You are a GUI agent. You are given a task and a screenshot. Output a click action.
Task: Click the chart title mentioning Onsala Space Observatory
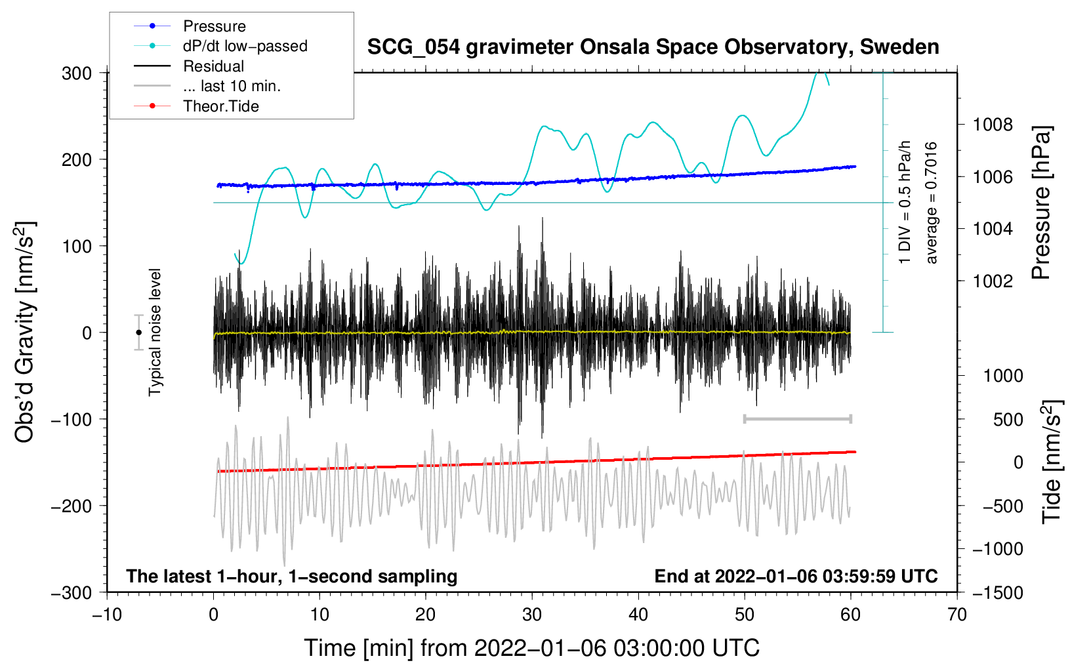653,47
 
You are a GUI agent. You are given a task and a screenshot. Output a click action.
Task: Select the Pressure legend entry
215,26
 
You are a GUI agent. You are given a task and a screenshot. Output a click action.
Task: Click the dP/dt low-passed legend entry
245,46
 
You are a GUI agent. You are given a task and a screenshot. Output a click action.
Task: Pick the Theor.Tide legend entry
220,106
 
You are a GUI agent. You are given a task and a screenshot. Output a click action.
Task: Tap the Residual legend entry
213,66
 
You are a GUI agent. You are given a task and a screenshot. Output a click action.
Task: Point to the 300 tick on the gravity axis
77,73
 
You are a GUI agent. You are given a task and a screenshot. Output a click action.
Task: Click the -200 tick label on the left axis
72,506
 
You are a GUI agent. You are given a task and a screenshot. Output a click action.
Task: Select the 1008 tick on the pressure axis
993,125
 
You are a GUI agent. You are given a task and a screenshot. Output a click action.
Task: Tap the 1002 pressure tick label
993,281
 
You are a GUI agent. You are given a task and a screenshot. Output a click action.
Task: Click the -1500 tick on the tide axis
997,592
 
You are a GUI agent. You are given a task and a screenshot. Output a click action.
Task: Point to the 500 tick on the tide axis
1008,420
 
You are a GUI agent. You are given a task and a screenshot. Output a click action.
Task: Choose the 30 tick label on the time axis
532,615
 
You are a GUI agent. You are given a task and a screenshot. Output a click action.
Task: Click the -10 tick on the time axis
107,615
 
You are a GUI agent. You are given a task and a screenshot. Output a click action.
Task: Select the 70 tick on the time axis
957,615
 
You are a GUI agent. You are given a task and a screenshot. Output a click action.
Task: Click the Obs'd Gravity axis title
25,333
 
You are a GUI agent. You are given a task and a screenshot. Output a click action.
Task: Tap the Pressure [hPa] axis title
1041,203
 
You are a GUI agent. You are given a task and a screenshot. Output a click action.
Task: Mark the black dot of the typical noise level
138,333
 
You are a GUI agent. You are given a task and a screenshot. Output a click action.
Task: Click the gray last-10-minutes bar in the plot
797,418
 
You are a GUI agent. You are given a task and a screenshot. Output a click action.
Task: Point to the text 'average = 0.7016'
931,203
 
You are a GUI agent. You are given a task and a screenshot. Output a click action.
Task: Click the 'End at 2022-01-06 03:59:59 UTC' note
796,576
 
